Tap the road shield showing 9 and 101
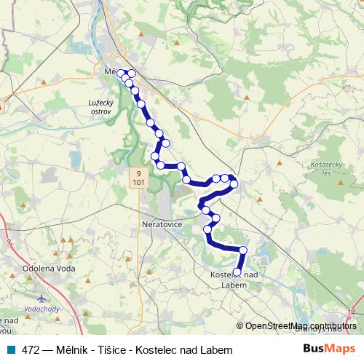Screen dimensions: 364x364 point(138,178)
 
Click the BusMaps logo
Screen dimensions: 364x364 point(330,350)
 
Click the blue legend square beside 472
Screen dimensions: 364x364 point(9,350)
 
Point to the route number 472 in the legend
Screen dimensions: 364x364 point(31,350)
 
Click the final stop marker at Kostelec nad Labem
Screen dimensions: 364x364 point(237,272)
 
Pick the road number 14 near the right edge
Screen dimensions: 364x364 point(352,312)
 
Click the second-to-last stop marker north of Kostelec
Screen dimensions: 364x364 point(242,250)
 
